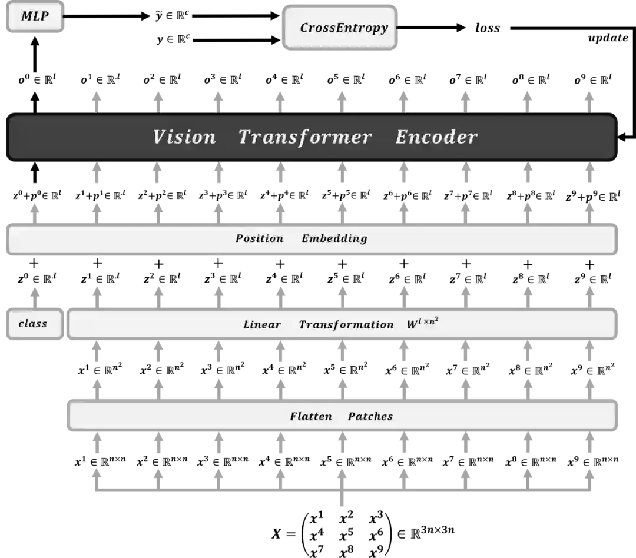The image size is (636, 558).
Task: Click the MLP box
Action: [x=35, y=17]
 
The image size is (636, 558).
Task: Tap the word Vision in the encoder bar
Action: [x=184, y=137]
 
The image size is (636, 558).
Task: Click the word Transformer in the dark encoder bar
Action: [x=305, y=137]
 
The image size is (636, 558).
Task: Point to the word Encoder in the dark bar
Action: [x=436, y=137]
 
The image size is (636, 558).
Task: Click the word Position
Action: [x=259, y=238]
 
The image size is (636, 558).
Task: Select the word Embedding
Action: [x=334, y=238]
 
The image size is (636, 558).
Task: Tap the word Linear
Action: [x=261, y=325]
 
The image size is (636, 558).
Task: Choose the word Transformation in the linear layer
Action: [x=346, y=325]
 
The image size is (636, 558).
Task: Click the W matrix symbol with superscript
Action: [x=422, y=323]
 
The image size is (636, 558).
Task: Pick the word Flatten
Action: [x=310, y=417]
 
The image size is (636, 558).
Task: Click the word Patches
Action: [x=370, y=417]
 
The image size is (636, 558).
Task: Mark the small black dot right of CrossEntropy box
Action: [x=399, y=27]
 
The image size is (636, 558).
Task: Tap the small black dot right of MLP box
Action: [x=64, y=16]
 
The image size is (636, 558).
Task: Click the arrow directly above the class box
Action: [x=35, y=291]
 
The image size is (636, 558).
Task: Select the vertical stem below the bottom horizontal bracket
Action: [x=342, y=501]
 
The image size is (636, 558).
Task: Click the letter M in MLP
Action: [x=26, y=16]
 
